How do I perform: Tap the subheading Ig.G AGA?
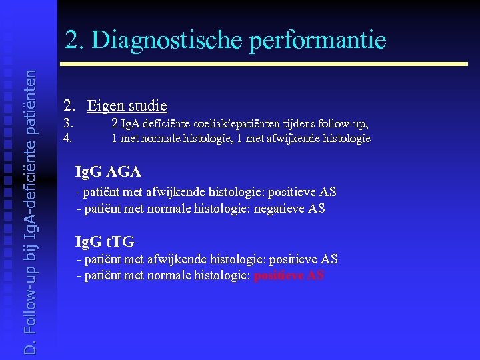pyautogui.click(x=108, y=171)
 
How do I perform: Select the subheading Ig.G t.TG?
pyautogui.click(x=105, y=241)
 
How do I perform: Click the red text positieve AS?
pyautogui.click(x=289, y=275)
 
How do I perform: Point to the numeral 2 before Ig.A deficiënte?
pyautogui.click(x=115, y=123)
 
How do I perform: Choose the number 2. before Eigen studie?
pyautogui.click(x=69, y=105)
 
